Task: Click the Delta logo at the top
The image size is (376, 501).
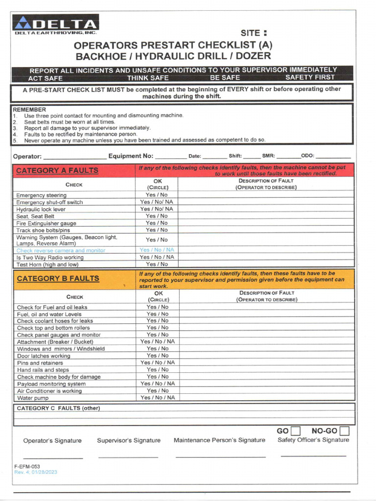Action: coord(56,24)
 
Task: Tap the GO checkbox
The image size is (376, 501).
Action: coord(295,431)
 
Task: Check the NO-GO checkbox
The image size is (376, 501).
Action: coord(345,431)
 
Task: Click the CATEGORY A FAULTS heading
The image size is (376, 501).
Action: coord(57,171)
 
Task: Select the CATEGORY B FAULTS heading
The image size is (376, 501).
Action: coord(58,278)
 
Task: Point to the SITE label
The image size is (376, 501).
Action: coord(253,33)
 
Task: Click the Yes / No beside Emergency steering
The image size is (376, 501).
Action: coord(157,195)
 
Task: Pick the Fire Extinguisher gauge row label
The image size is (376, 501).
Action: coord(46,223)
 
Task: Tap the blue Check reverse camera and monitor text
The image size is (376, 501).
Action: coord(61,250)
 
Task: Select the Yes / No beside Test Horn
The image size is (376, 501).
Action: coord(157,264)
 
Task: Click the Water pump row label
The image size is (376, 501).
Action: coord(32,398)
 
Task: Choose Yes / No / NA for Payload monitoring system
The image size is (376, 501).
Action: coord(157,384)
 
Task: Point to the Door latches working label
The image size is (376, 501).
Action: coord(44,356)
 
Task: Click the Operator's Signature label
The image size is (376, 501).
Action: coord(52,441)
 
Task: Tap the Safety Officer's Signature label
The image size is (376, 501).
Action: coord(313,440)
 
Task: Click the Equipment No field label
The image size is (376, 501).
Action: coord(131,157)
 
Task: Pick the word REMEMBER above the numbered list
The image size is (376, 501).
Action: coord(29,110)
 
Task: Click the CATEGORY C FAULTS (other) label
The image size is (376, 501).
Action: coord(58,408)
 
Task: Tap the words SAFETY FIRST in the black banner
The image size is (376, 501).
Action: coord(310,77)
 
